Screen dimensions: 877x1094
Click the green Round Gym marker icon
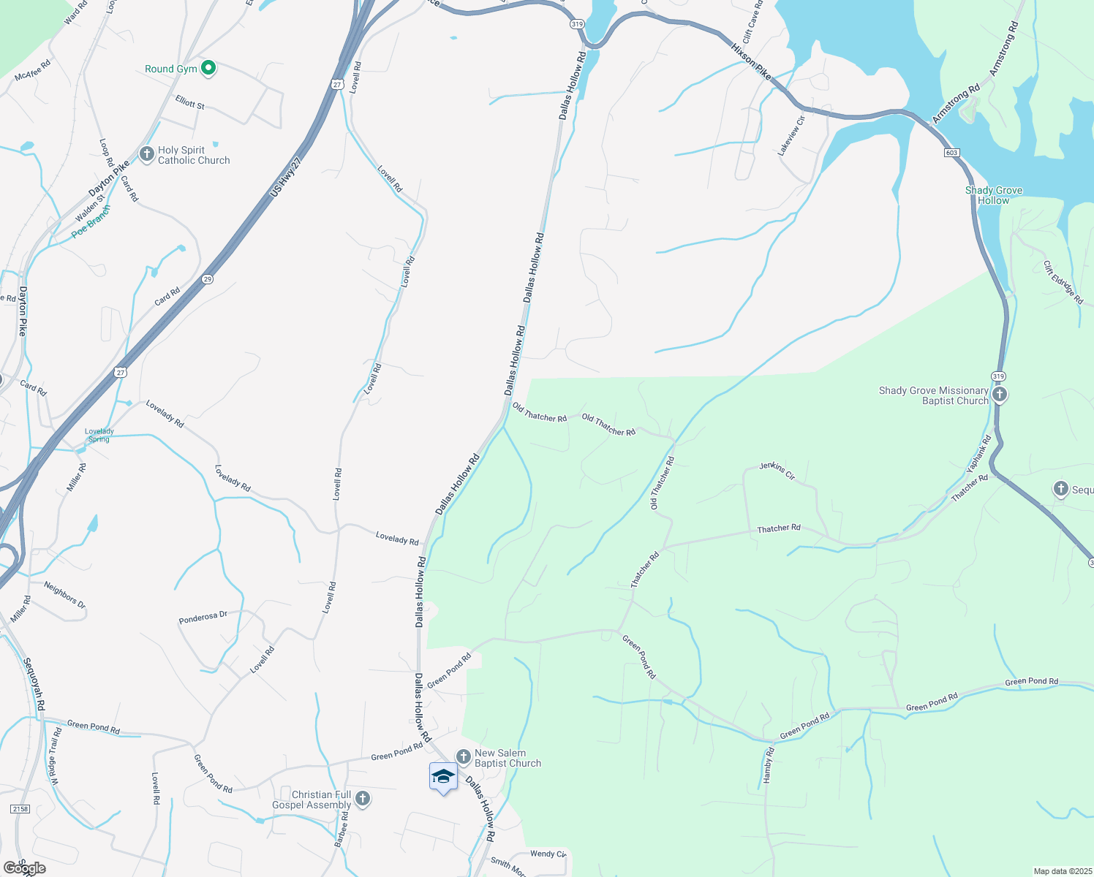[x=208, y=69]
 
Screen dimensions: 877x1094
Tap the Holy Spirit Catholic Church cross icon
[x=146, y=154]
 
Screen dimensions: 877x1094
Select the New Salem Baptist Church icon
[x=463, y=757]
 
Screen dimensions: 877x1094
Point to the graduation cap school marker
[x=443, y=776]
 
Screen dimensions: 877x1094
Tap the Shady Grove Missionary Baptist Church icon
[x=1000, y=395]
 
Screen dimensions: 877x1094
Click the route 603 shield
[x=951, y=153]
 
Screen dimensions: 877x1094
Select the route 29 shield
[x=208, y=279]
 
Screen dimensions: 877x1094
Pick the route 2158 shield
[x=20, y=809]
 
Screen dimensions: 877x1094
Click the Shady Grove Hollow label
[x=993, y=195]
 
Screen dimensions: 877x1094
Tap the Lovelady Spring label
[x=99, y=436]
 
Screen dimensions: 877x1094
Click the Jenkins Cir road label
[x=777, y=470]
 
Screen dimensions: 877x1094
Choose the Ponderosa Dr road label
[x=203, y=618]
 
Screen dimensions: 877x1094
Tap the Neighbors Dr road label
[x=64, y=595]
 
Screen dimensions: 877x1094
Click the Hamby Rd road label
[x=768, y=765]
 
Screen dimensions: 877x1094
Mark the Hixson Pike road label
[x=751, y=61]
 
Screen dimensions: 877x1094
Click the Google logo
[x=24, y=868]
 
